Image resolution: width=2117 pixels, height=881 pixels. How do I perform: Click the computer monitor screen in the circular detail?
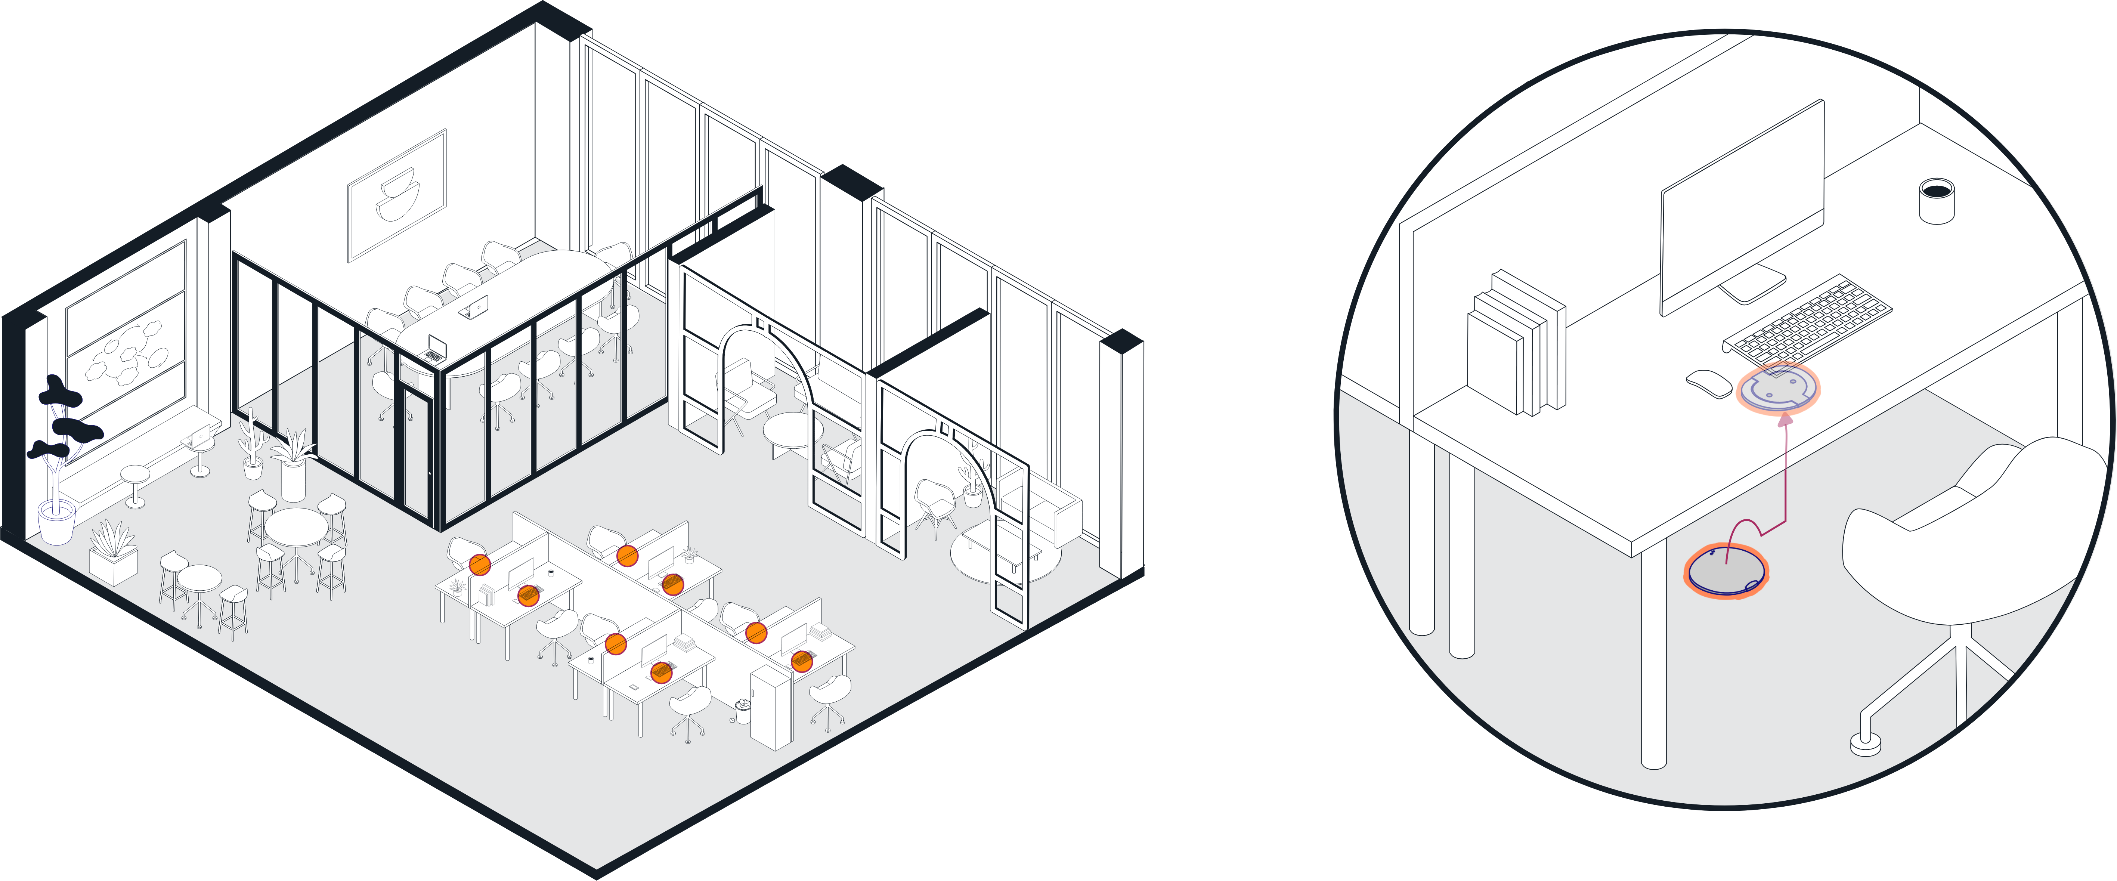[1742, 210]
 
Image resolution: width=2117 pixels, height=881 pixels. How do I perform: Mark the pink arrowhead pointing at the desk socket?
[1783, 421]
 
